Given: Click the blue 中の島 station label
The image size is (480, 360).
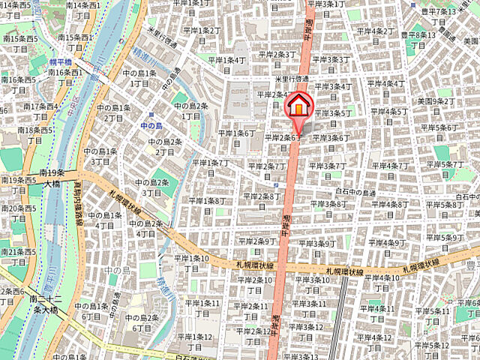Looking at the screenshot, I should point(152,126).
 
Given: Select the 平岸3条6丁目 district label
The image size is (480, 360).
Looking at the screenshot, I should point(331,138).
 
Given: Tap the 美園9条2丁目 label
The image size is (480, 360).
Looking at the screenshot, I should point(436,100).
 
